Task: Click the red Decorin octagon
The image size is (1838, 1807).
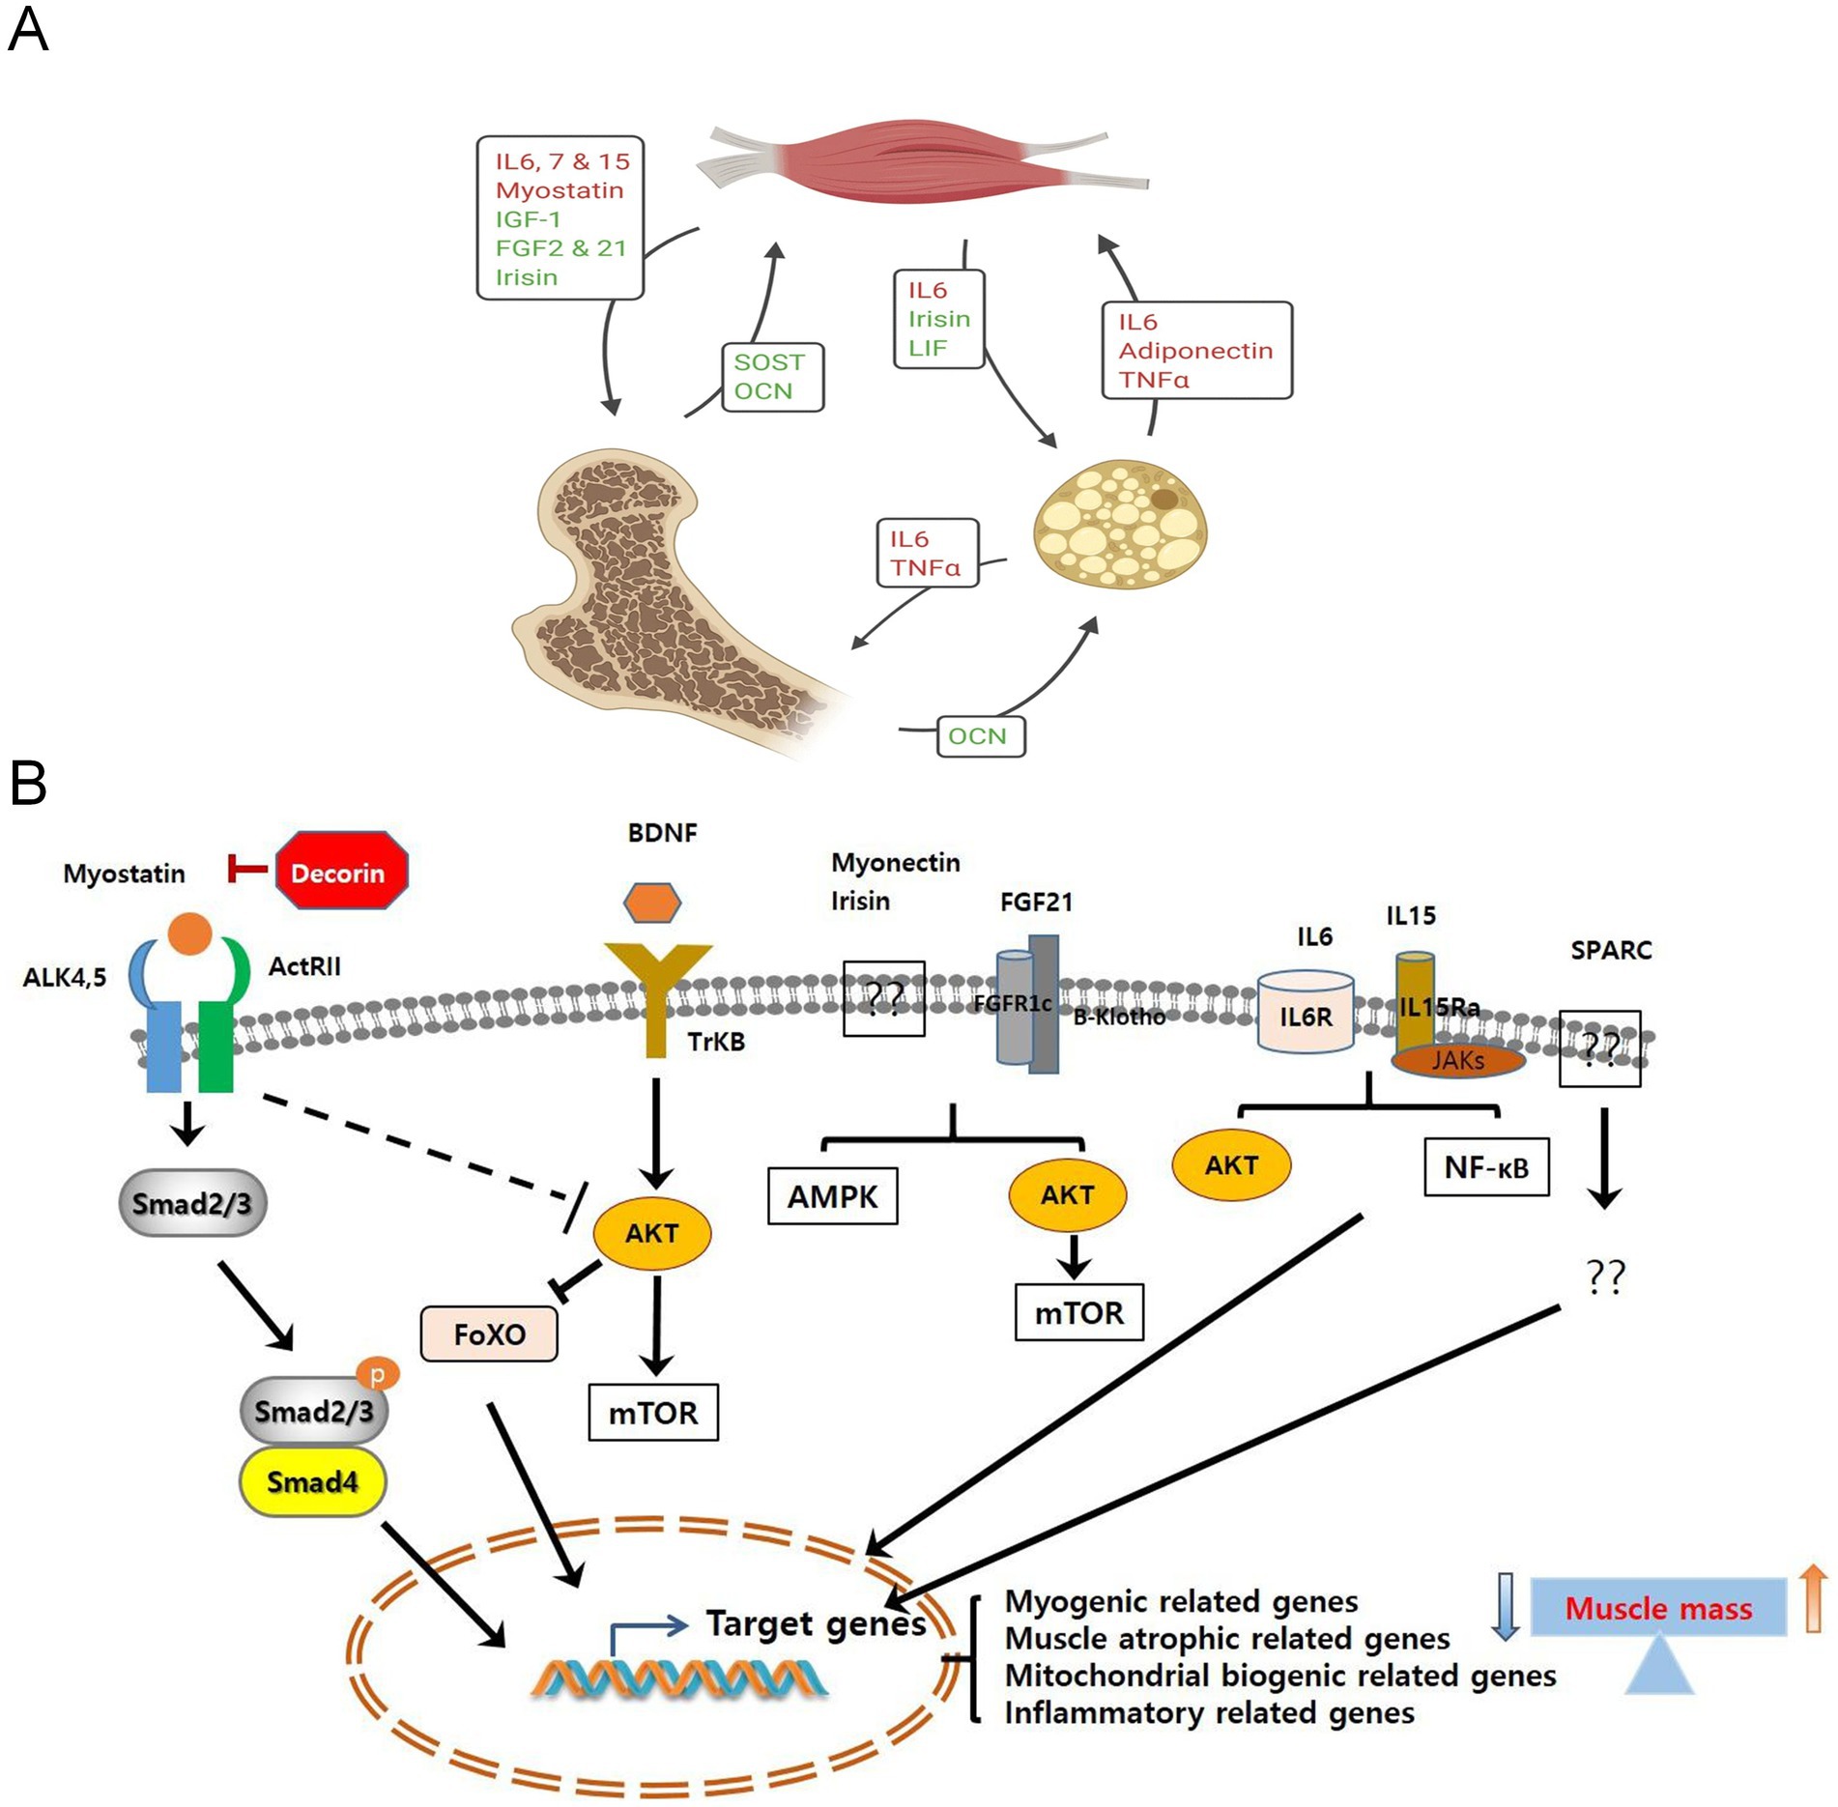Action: (341, 871)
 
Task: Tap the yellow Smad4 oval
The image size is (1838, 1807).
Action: (312, 1481)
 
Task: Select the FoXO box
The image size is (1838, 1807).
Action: (489, 1334)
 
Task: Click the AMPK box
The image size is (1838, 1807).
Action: (832, 1196)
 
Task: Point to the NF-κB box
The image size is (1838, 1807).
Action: (1486, 1167)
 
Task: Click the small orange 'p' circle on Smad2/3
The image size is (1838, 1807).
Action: (378, 1373)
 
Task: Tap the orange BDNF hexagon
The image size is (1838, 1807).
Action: (652, 903)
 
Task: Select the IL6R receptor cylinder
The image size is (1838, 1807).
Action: (1306, 1013)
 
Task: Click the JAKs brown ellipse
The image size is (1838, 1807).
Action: (1457, 1061)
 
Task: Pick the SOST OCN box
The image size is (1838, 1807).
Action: (772, 377)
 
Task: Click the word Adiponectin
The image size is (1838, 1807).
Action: (1195, 351)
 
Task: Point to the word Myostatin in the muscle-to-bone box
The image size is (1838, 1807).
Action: (560, 190)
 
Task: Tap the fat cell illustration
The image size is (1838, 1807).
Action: (1121, 525)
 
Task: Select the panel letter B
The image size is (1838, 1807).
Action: (28, 783)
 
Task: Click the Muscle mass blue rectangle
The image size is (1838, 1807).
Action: (1658, 1607)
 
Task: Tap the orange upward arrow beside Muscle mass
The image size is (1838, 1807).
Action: (1814, 1598)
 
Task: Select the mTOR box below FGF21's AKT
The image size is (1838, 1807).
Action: (1078, 1313)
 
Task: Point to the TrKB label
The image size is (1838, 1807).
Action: (716, 1042)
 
